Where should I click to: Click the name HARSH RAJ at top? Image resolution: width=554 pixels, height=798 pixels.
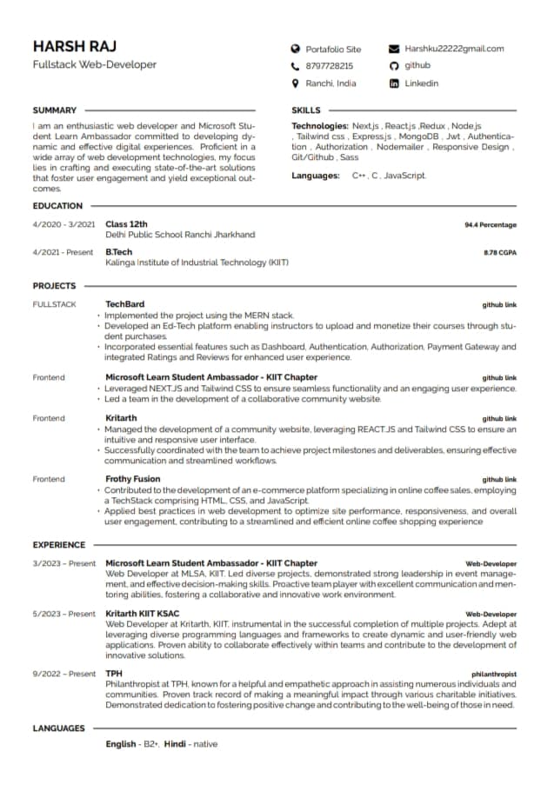tap(74, 46)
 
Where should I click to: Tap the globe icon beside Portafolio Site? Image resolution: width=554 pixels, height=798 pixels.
tap(295, 50)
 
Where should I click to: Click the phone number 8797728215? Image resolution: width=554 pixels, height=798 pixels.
tap(330, 66)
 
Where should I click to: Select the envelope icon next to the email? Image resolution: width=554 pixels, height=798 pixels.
tap(394, 50)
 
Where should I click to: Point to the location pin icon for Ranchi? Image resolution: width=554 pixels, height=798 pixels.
tap(295, 83)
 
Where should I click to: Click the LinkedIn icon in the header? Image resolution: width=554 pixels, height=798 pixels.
tap(394, 83)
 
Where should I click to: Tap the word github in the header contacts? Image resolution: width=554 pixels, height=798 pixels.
tap(417, 66)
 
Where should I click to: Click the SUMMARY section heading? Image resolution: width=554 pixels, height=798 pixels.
tap(55, 110)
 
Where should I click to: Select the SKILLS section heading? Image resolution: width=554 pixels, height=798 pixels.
tap(306, 110)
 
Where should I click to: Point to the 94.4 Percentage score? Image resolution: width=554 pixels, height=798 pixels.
tap(490, 225)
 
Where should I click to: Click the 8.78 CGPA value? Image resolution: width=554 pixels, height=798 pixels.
tap(499, 253)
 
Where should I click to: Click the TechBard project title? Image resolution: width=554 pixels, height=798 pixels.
tap(125, 304)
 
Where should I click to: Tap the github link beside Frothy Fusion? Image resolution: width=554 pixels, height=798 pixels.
tap(499, 480)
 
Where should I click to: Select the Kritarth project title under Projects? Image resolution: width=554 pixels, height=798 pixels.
tap(121, 418)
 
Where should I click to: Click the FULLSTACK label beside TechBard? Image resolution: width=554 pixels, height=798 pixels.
tap(54, 304)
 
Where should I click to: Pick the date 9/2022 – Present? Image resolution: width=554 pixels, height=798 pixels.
tap(64, 674)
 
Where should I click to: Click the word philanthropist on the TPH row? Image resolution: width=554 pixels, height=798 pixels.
tap(493, 674)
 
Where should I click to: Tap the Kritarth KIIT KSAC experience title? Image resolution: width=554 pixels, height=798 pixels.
tap(143, 614)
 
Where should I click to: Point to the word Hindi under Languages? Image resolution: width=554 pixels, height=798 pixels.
tap(175, 744)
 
